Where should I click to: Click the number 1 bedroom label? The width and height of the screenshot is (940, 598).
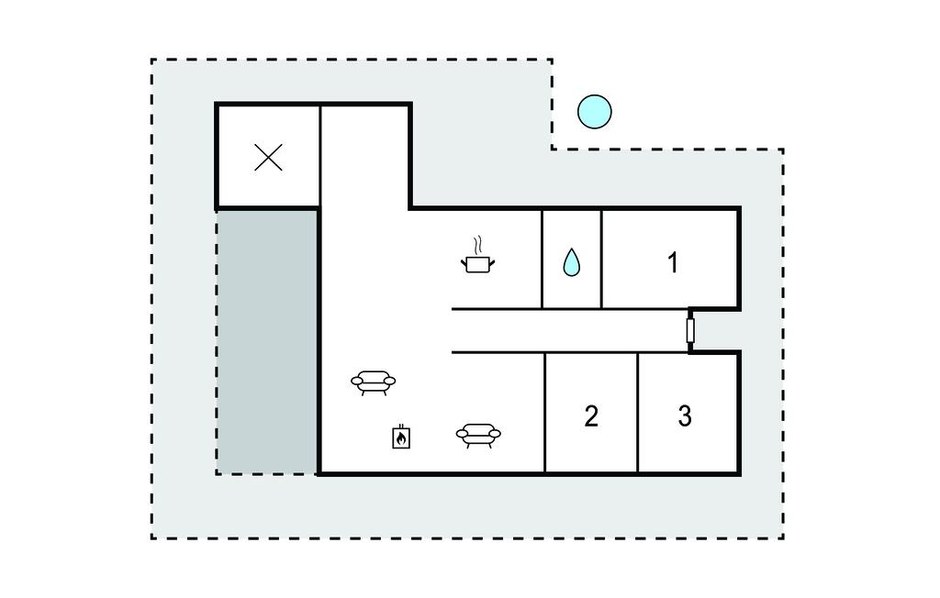[x=673, y=262]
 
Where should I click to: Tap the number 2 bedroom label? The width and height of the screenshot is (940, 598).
[x=591, y=416]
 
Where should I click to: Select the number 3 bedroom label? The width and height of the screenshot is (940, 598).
[x=685, y=415]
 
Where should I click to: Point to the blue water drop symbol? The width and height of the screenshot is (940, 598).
[x=571, y=262]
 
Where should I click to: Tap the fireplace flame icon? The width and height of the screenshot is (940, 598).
[x=401, y=437]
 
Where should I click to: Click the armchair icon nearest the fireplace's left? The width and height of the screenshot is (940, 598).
[x=373, y=382]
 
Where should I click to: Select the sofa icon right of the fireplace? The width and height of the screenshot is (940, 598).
[x=477, y=435]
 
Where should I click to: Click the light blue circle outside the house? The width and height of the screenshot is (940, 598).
[x=595, y=112]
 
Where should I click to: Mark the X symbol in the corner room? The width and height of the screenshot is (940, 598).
[x=268, y=158]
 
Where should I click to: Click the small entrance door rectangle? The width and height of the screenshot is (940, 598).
[x=690, y=331]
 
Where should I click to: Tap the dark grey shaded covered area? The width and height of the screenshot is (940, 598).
[x=267, y=341]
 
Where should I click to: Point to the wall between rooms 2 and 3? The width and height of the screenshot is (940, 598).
[x=638, y=412]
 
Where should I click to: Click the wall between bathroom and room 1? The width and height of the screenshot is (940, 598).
[x=601, y=259]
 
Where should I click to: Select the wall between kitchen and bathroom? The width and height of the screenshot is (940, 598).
[x=542, y=259]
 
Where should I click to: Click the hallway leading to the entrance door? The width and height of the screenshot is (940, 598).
[x=569, y=331]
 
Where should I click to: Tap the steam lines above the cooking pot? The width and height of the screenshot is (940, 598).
[x=477, y=245]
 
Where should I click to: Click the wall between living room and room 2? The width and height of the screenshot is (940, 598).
[x=545, y=412]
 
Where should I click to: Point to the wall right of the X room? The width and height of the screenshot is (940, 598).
[x=320, y=157]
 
